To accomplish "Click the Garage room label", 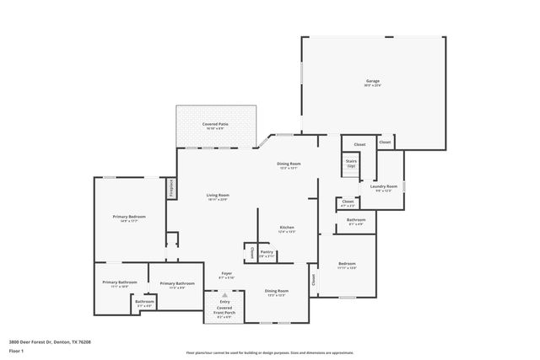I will (x=372, y=82).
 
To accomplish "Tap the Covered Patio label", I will (x=213, y=126).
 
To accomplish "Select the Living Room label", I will (x=218, y=196).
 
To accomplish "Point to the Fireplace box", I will (x=171, y=186).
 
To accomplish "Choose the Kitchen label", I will (x=287, y=228).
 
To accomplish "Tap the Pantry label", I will (x=267, y=252).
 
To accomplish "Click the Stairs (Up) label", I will (x=350, y=164).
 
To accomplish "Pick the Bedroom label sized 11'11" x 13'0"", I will (x=347, y=265).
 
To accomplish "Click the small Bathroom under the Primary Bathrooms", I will (x=144, y=303).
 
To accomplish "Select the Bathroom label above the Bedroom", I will (x=355, y=221).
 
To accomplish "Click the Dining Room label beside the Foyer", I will (x=276, y=292).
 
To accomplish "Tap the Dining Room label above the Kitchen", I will (x=289, y=165).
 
